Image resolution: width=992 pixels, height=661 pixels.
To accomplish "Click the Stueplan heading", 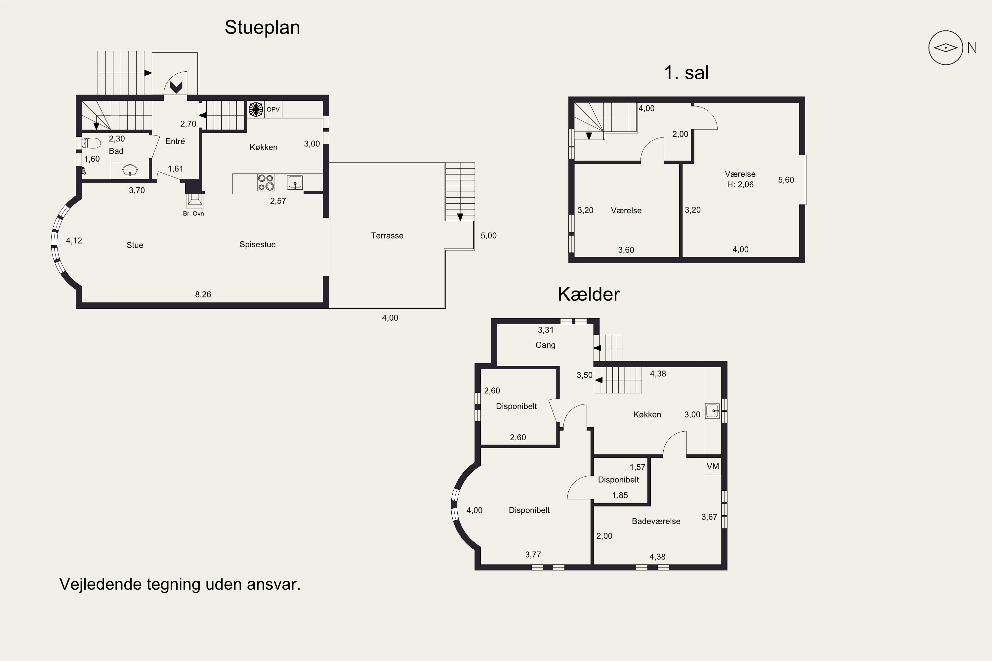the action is pos(262,28).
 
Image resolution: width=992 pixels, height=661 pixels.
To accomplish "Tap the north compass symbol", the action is pos(946,48).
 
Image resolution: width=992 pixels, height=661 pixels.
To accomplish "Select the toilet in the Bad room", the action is pos(91,143).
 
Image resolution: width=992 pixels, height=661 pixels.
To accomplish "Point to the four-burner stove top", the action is pos(266,182).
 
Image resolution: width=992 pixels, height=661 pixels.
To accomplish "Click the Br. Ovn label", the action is pos(193,214).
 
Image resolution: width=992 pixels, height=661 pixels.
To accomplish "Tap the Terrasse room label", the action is pos(387,236).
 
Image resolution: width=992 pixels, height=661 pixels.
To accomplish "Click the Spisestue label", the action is pos(258,245).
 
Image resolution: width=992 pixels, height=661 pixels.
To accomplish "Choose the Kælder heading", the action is pos(589,294).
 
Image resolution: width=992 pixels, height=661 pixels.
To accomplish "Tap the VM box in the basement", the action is pos(713,466).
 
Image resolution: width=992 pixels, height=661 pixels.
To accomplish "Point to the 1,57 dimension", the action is pos(637,467).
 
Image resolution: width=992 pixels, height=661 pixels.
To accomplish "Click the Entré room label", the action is pos(175,141).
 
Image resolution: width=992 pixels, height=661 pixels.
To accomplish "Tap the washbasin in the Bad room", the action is pos(130,171).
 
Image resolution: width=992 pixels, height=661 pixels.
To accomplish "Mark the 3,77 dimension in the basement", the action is pos(533,555).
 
